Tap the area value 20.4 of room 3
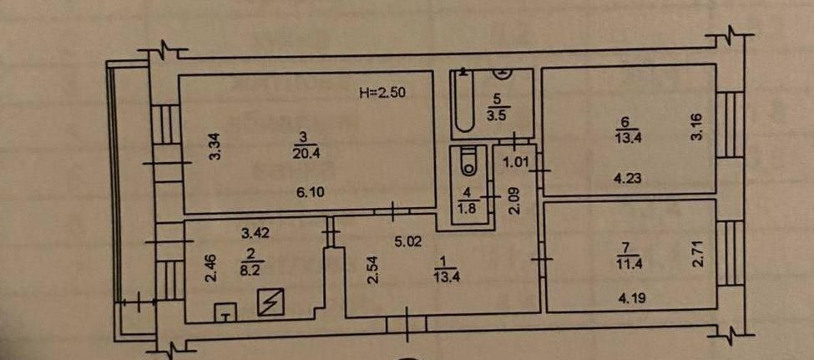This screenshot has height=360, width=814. pyautogui.click(x=303, y=152)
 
